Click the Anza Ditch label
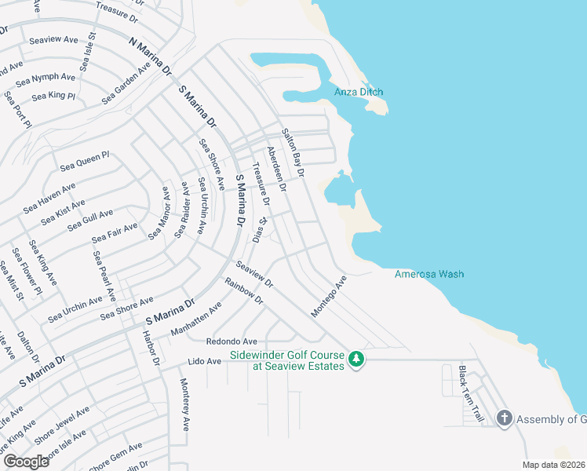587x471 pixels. [x=359, y=92]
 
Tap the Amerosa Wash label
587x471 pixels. [x=428, y=274]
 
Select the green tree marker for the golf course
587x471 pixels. [x=356, y=360]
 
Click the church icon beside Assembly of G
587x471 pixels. [x=504, y=418]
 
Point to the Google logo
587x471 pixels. [x=26, y=461]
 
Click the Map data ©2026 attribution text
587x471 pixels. [x=554, y=465]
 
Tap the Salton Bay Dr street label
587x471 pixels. [x=293, y=152]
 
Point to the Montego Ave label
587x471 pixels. [x=328, y=296]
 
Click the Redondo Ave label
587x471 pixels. [x=232, y=341]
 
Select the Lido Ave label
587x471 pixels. [x=203, y=362]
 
